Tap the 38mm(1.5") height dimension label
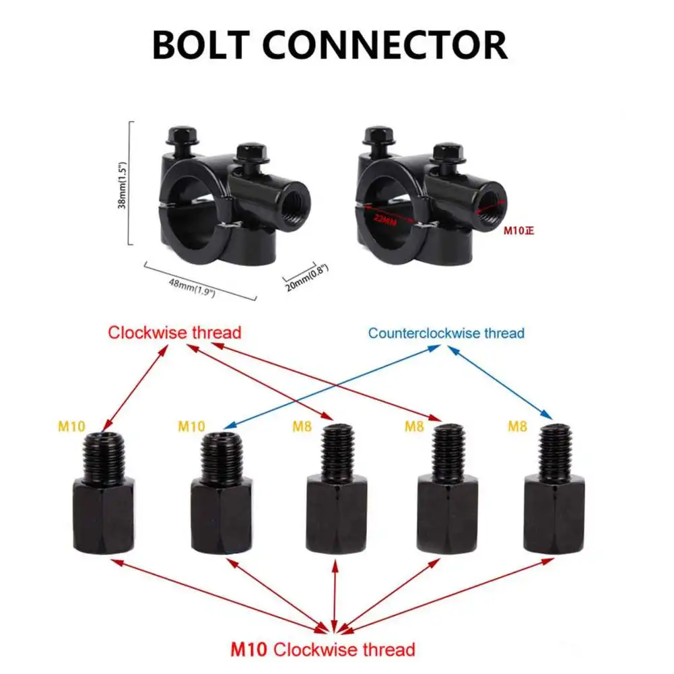(122, 184)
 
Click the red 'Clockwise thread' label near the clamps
(174, 332)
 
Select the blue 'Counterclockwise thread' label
(446, 333)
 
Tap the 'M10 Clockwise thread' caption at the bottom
(323, 650)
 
